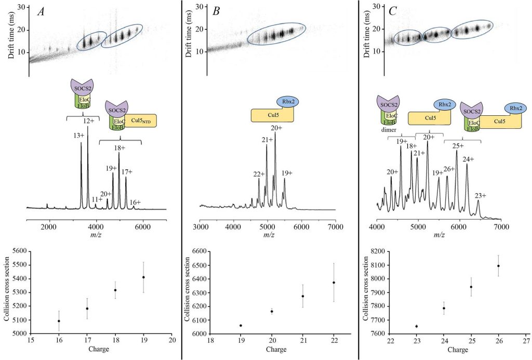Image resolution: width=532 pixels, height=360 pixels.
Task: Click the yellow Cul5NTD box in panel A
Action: click(140, 121)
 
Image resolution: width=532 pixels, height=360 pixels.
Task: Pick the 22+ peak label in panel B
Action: click(259, 174)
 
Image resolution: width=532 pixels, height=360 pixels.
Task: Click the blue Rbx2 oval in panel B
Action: click(286, 101)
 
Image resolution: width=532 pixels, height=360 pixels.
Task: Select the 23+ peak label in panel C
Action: click(480, 195)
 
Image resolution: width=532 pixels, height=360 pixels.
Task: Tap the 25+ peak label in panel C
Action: click(458, 145)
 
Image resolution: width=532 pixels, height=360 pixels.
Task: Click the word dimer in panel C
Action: click(387, 131)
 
